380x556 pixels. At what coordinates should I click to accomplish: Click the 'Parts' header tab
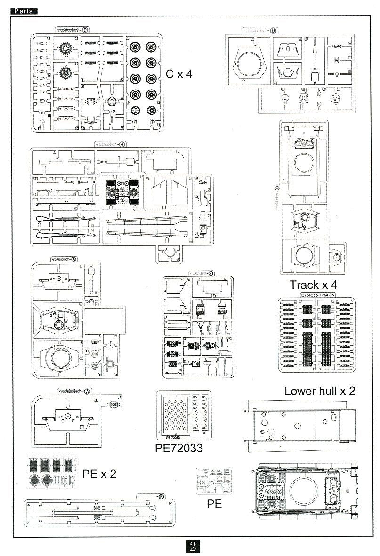tap(24, 11)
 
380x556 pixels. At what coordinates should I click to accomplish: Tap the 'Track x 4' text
tap(313, 285)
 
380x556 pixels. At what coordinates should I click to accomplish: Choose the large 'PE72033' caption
tap(179, 448)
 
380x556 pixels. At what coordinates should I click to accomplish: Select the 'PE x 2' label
tap(99, 474)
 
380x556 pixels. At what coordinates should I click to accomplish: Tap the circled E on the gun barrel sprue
tap(161, 497)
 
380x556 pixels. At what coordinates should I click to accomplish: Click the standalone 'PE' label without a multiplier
tap(214, 504)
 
